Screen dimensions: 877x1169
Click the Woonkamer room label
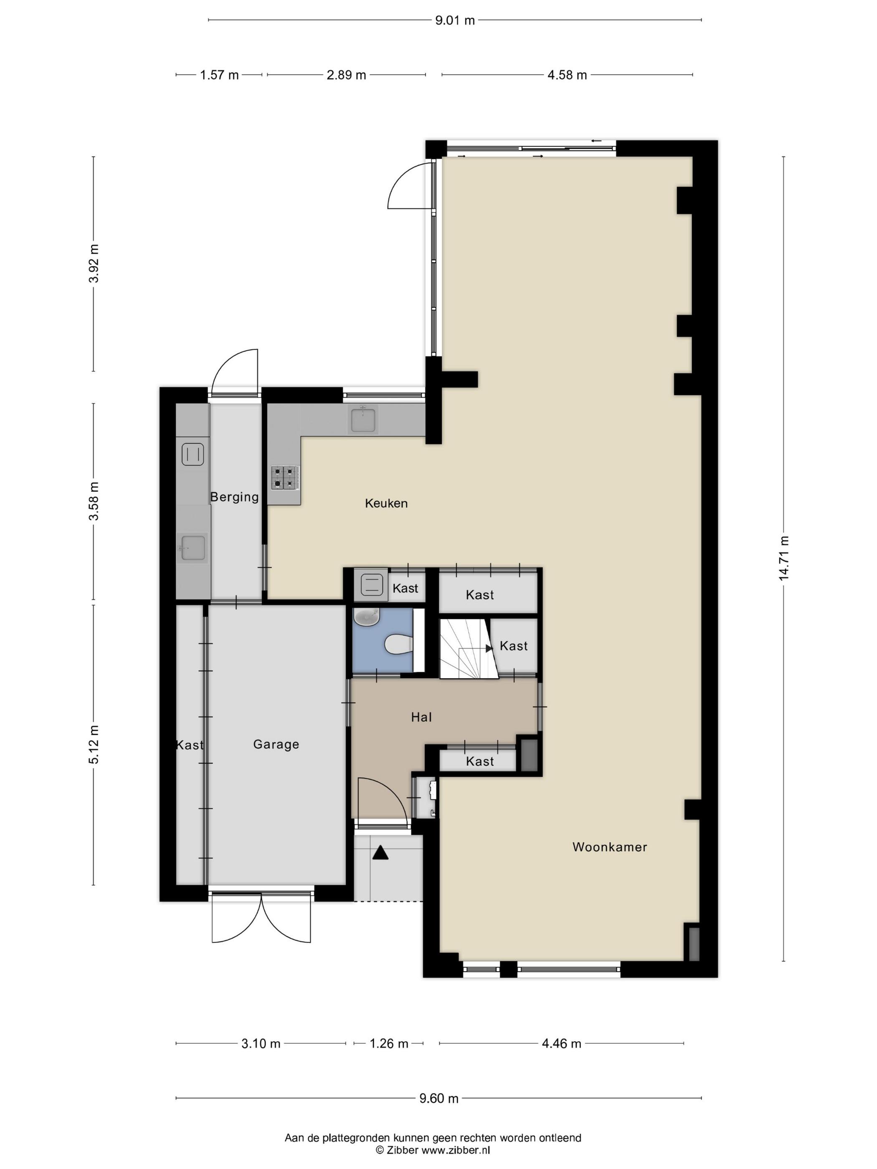609,847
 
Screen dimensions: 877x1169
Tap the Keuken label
386,503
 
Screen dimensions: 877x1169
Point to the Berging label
234,497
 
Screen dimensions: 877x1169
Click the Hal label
421,717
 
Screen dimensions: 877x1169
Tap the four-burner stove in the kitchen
285,477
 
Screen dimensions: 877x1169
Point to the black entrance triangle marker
380,853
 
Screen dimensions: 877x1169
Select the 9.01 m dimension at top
455,20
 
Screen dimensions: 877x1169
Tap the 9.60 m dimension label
439,1099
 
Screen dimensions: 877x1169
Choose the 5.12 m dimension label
94,745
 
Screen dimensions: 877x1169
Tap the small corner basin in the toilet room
367,615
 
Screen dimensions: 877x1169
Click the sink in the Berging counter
193,547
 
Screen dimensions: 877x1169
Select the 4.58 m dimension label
567,75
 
